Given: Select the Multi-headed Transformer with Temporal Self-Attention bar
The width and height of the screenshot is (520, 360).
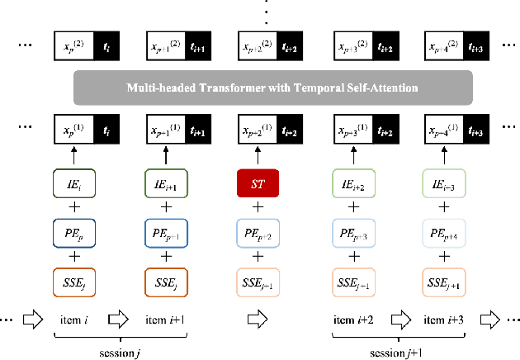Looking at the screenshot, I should tap(272, 88).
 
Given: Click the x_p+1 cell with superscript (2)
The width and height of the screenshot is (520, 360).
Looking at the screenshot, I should tap(163, 43).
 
